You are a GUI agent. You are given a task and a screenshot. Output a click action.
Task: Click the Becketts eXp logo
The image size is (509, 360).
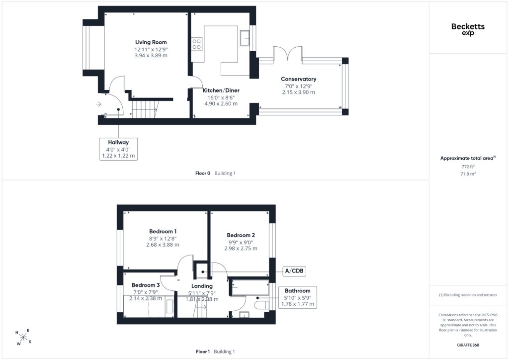click(468, 29)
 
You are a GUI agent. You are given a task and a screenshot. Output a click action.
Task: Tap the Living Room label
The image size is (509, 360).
click(151, 42)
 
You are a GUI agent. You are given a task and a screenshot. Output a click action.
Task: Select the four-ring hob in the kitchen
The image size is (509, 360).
click(196, 44)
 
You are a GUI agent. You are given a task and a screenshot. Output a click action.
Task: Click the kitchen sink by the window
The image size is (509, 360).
click(245, 38)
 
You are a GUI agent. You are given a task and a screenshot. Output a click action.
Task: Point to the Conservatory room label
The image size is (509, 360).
click(298, 79)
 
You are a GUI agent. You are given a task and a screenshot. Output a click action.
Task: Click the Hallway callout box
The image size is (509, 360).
click(118, 149)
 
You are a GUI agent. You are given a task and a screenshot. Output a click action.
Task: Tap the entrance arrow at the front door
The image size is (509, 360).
click(99, 104)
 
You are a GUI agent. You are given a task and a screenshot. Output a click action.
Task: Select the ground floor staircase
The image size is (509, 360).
click(145, 109)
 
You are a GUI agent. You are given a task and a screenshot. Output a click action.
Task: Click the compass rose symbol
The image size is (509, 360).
click(23, 337)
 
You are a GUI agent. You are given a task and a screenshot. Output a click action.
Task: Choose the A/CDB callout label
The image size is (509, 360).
click(294, 270)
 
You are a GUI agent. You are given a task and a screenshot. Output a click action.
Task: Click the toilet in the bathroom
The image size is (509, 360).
click(261, 305)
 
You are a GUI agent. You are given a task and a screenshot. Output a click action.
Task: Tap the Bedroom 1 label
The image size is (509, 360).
click(163, 231)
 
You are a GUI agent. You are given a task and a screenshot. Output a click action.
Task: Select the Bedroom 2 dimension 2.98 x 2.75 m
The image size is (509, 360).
click(241, 248)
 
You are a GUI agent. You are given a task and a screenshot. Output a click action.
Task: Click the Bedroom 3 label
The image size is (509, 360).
click(146, 285)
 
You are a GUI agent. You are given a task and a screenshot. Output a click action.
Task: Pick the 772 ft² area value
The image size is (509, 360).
click(468, 167)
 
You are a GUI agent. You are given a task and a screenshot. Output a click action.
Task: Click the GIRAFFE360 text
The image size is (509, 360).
click(468, 345)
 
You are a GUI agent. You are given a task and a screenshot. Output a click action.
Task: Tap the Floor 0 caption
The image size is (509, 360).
click(203, 174)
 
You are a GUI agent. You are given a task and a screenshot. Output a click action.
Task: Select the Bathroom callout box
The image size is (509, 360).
click(297, 297)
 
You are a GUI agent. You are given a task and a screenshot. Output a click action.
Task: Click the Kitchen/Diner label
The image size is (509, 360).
click(221, 90)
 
